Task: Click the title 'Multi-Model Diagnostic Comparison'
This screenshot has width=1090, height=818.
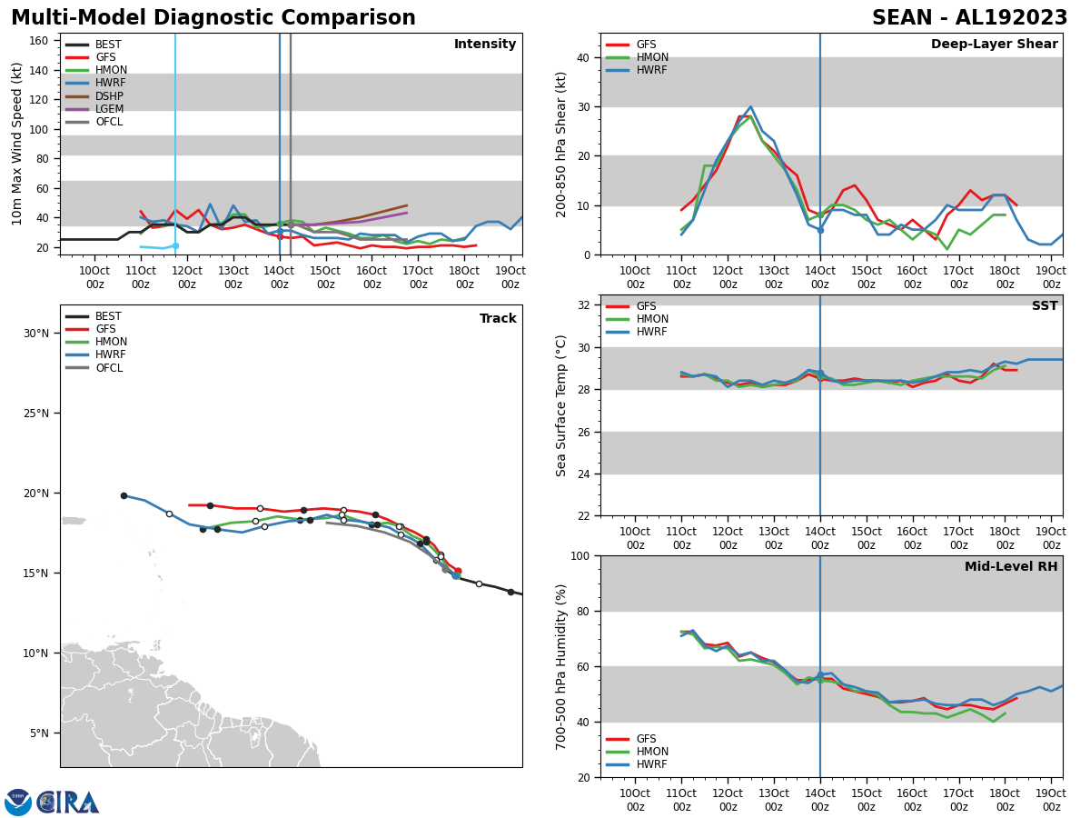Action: point(213,18)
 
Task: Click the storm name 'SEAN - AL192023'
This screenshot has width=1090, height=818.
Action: point(969,18)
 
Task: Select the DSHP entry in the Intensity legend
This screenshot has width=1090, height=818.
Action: point(109,96)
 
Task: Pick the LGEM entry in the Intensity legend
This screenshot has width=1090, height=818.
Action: point(109,109)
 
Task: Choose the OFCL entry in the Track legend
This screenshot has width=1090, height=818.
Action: point(109,368)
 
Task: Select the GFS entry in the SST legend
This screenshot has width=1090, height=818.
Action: point(646,306)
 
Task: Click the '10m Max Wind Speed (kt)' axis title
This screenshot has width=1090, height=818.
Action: point(18,144)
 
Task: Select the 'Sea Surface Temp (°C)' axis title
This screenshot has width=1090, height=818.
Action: point(562,405)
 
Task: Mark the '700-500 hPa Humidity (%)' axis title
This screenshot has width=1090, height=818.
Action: point(562,666)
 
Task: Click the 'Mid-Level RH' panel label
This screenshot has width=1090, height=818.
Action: point(1010,567)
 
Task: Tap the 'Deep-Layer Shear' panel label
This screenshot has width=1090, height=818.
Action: point(994,45)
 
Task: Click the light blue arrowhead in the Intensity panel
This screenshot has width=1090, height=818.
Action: point(174,245)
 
